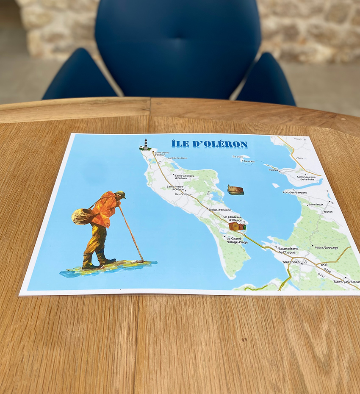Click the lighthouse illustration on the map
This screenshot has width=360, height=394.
coord(146,144)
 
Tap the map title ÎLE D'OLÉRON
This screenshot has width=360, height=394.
coord(209,144)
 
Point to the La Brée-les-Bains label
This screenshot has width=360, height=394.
coord(177,158)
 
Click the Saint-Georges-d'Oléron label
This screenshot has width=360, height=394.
coord(184,177)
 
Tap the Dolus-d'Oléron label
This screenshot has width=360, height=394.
coord(220,210)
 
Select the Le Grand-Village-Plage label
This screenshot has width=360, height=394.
coord(237,240)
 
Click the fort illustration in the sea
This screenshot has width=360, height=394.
coord(235,190)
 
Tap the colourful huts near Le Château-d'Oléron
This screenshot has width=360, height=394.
coord(237,227)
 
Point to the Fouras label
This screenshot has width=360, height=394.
coord(274,170)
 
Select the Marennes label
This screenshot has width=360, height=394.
coord(291,262)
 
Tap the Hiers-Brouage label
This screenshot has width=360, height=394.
coord(326,247)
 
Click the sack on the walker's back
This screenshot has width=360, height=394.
coord(81,216)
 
